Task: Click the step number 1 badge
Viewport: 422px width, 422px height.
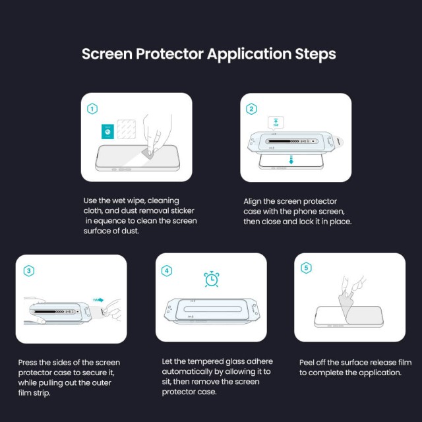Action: (x=93, y=109)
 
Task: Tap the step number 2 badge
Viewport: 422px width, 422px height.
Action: (x=251, y=109)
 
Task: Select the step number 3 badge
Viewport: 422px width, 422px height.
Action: (x=28, y=270)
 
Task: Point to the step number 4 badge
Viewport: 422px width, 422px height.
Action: (x=167, y=270)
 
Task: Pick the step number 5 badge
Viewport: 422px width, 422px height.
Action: (x=306, y=268)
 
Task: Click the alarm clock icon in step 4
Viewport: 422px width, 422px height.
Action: (x=212, y=279)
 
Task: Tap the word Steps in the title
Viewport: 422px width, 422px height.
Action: (x=312, y=54)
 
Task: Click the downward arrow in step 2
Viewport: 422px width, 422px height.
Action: (x=291, y=161)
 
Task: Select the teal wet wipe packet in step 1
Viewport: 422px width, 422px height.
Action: (x=106, y=130)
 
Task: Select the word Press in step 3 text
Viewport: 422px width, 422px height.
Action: (x=29, y=363)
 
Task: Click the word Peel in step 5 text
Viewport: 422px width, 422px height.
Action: (x=308, y=362)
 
